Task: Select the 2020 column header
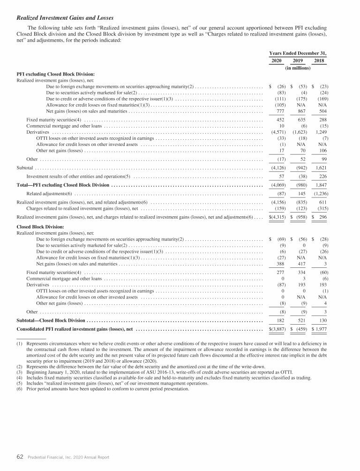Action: click(277, 61)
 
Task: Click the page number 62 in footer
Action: click(20, 457)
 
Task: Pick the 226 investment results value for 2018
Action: click(321, 176)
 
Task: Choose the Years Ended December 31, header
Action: click(298, 53)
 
